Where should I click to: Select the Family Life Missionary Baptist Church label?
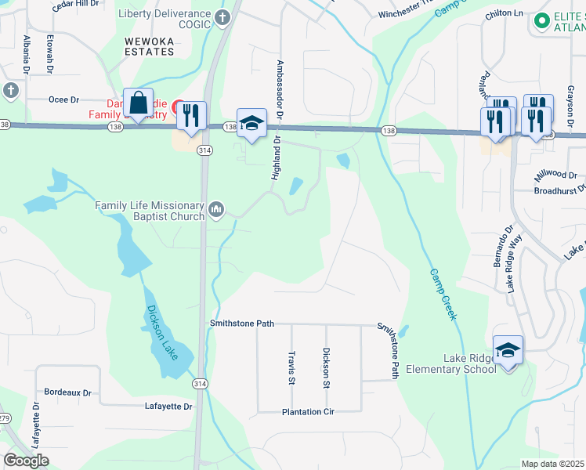tap(150, 211)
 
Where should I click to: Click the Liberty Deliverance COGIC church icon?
tap(222, 16)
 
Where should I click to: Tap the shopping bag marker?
tap(139, 103)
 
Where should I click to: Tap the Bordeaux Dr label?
tap(68, 392)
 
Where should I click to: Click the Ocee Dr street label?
tap(64, 99)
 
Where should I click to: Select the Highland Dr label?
tap(276, 157)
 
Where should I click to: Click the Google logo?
tap(26, 461)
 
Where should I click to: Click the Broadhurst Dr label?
tap(559, 190)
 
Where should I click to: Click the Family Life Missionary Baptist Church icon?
tap(216, 208)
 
